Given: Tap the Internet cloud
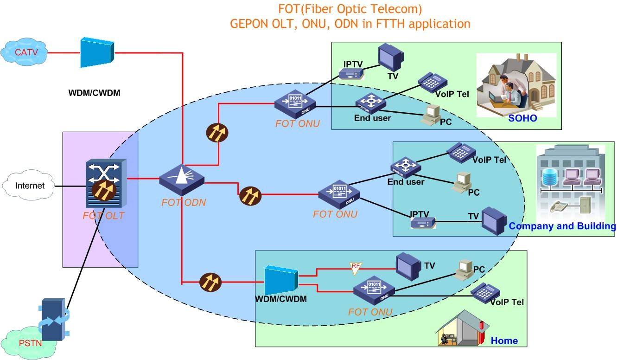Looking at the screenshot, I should point(30,186).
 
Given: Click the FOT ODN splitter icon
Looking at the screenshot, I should point(182,179).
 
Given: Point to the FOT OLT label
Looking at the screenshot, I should point(103,216).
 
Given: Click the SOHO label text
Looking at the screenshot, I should point(522,118).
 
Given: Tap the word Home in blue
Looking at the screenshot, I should point(504,341).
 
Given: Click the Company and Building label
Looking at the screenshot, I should point(562,226).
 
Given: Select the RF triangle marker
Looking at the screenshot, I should point(356,267).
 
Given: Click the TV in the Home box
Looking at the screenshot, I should point(408,266).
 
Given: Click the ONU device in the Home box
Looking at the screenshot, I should point(374,290).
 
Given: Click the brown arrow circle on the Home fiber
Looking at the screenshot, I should point(210,282).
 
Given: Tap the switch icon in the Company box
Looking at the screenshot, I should point(406,167).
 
